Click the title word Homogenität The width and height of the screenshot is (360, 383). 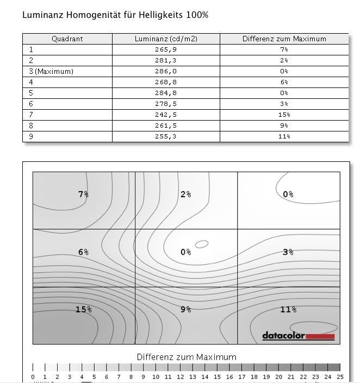(x=88, y=15)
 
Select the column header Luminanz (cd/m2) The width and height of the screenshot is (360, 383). (x=166, y=39)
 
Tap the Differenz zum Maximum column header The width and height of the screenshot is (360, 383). (x=284, y=39)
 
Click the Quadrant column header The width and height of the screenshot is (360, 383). (x=67, y=39)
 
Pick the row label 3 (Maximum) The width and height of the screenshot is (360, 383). (x=51, y=71)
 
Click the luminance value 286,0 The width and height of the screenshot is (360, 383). (x=166, y=71)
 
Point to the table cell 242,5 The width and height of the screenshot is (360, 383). (x=166, y=115)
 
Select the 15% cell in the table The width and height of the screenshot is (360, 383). (x=284, y=115)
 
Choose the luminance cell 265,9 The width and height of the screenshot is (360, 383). (x=166, y=49)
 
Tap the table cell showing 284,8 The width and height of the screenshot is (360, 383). (x=166, y=93)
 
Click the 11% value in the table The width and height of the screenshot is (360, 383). (x=284, y=136)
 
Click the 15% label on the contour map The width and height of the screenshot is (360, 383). (x=83, y=309)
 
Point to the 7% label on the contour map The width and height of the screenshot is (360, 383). (x=83, y=194)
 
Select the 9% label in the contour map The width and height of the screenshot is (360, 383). (x=185, y=309)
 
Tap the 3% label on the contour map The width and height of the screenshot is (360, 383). (x=288, y=252)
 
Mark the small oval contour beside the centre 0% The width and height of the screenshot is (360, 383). (x=201, y=244)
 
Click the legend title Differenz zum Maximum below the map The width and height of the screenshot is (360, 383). (x=187, y=357)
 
